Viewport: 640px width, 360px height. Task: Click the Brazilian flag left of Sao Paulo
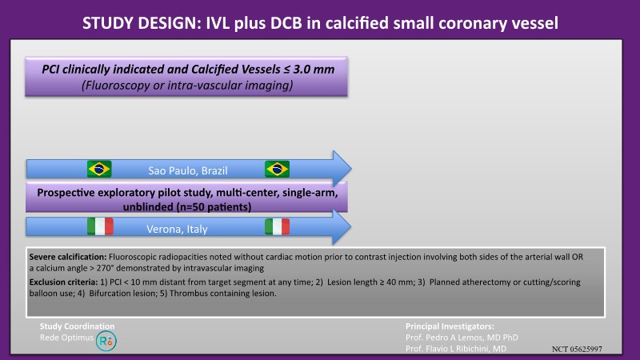[99, 169]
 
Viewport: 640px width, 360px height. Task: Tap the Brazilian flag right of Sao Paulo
[277, 169]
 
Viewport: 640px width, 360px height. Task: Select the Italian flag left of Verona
[101, 226]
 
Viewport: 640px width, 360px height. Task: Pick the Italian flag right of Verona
[277, 226]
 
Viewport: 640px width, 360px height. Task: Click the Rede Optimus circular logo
[106, 341]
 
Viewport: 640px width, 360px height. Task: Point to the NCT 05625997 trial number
[577, 349]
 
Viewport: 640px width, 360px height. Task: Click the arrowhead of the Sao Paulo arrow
[342, 169]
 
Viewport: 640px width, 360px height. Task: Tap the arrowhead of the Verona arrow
[342, 227]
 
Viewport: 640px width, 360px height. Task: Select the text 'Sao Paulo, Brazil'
[188, 170]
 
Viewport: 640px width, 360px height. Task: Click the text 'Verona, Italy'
[177, 229]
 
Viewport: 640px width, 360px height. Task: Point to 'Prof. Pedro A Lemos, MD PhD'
[462, 338]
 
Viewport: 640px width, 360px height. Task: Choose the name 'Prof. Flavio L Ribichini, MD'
[456, 349]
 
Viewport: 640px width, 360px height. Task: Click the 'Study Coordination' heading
[77, 326]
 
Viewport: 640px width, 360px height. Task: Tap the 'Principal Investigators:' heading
[450, 326]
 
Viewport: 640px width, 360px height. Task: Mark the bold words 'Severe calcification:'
[68, 257]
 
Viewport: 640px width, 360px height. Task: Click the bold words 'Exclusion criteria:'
[64, 282]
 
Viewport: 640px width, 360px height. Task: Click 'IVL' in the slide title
[218, 23]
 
